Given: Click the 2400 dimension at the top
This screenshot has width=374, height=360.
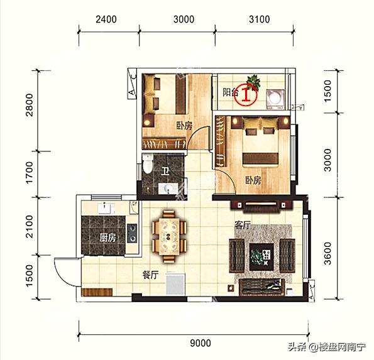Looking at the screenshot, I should click(106, 19).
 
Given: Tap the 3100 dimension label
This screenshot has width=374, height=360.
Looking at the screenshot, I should click(259, 19).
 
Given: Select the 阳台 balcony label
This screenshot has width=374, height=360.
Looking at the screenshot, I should click(231, 92).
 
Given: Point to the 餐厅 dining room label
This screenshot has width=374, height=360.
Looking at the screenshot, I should click(150, 275).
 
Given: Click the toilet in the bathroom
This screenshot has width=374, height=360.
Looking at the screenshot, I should click(147, 165).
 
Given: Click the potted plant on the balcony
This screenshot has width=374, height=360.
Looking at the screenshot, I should click(255, 81).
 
